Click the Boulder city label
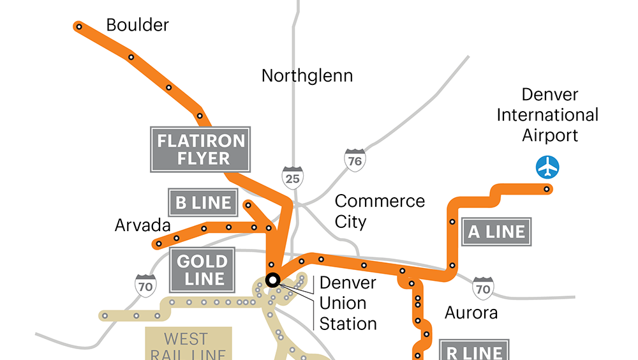[137, 26]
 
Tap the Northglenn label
[307, 76]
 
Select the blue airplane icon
[547, 167]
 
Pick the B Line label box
[203, 203]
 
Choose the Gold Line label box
[201, 270]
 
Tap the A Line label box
[496, 232]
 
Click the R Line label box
[473, 352]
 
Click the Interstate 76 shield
[354, 160]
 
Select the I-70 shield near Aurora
[483, 289]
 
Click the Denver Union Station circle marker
[273, 280]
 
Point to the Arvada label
[143, 225]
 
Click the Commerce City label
[379, 211]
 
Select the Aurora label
[471, 313]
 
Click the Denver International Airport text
[548, 115]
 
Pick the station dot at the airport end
[547, 189]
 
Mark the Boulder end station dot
[78, 27]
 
